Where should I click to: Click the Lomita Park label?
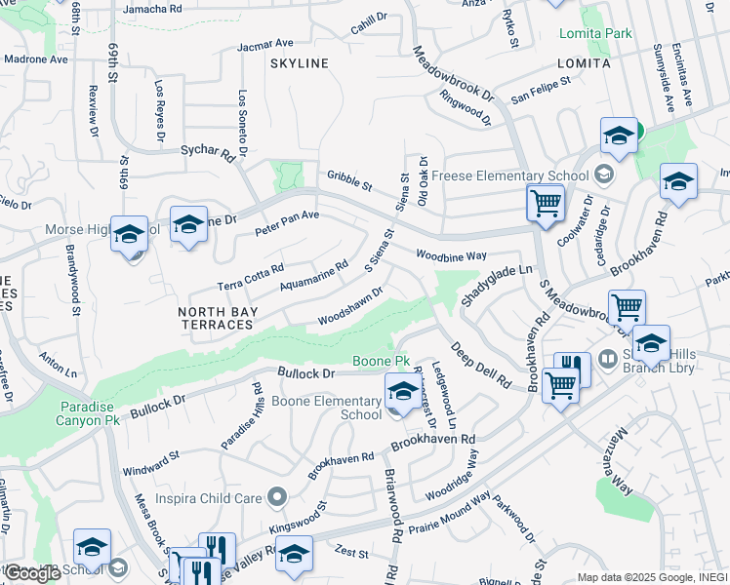[595, 33]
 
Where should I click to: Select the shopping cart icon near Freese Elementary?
[546, 204]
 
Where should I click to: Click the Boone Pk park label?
[373, 361]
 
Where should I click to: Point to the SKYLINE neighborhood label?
[300, 63]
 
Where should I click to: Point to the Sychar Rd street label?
[210, 153]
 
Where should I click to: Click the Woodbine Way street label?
[451, 255]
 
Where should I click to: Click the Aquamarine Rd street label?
[313, 275]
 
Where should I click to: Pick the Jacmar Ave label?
[264, 44]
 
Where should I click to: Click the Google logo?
[32, 572]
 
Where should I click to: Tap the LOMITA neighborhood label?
[583, 63]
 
